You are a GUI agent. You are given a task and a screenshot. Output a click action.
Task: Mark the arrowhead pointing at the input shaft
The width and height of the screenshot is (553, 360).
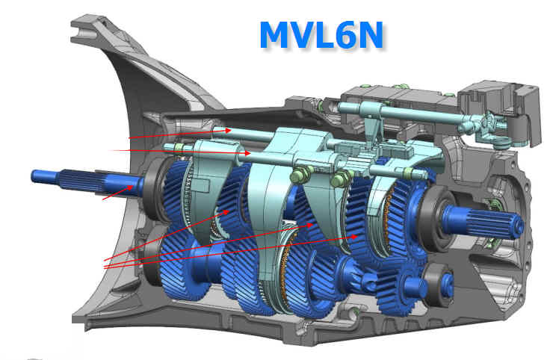point(131,188)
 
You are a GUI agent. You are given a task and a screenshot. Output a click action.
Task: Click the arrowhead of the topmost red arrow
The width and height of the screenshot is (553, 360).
point(228,130)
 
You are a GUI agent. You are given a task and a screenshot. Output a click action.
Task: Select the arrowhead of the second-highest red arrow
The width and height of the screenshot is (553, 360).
point(247,153)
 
